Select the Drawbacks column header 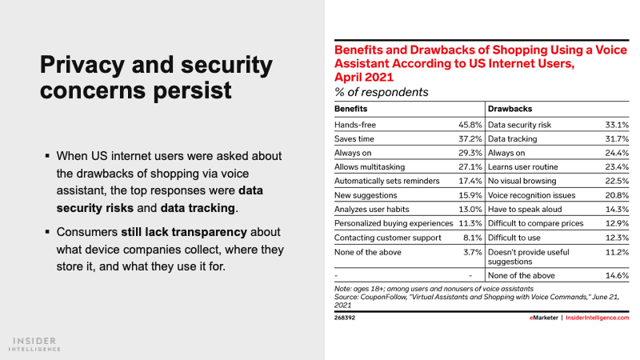tap(510, 107)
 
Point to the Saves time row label tap(355, 139)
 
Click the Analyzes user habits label tap(372, 210)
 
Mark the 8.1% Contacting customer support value tap(472, 238)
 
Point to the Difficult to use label tap(517, 238)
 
